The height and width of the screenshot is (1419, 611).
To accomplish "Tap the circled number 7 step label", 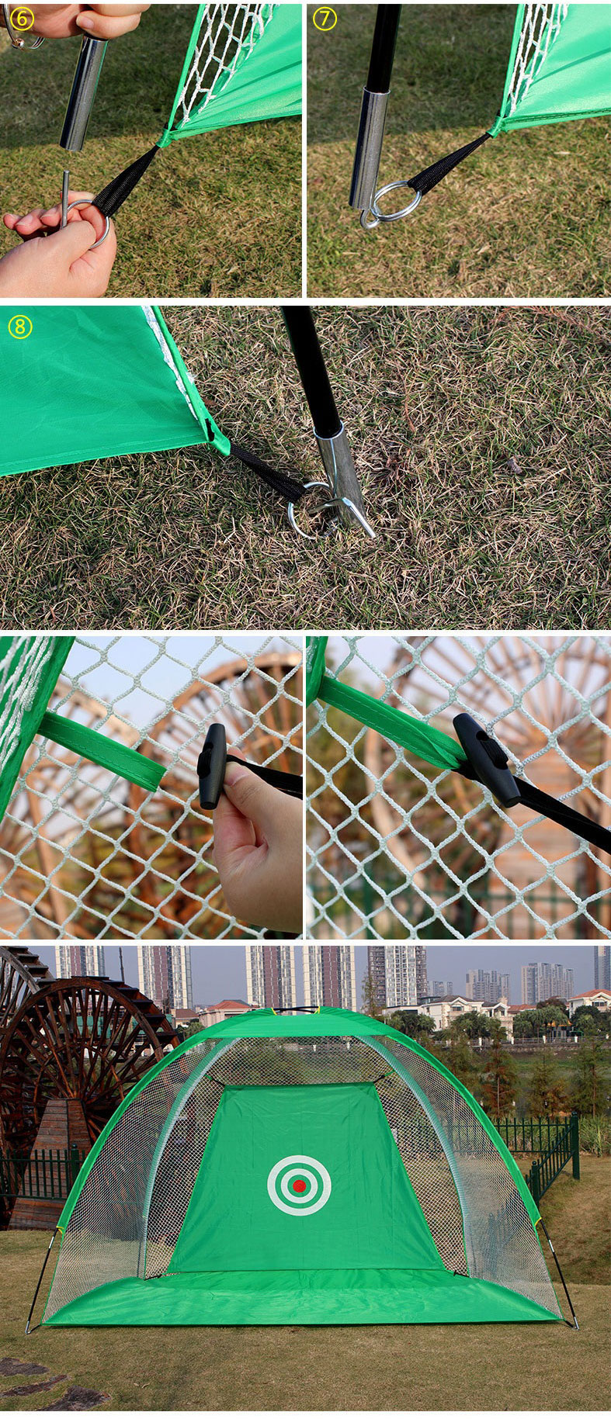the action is click(325, 19).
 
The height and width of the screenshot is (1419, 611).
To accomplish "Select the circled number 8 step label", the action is click(19, 327).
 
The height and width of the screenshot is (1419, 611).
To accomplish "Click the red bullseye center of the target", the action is click(299, 1185).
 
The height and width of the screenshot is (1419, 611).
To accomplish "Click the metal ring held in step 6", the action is click(96, 222).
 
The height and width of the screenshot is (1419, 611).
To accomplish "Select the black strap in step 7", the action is click(448, 164).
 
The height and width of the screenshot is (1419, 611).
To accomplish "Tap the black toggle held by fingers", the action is click(211, 767).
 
